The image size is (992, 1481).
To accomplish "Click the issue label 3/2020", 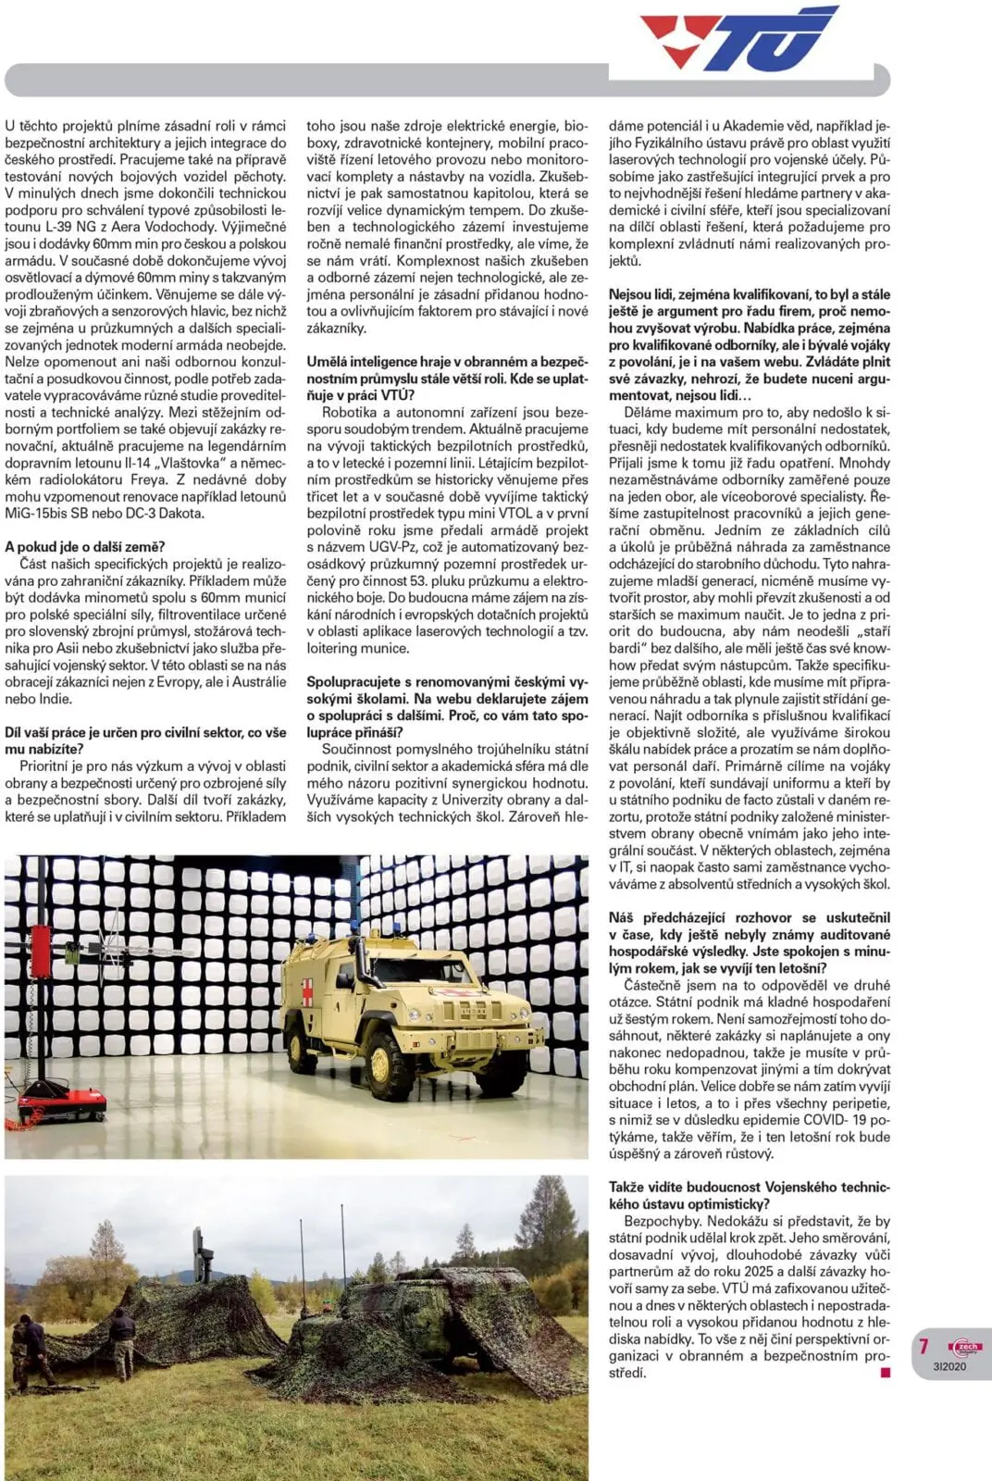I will [x=950, y=1366].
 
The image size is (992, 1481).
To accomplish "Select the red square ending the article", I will [x=886, y=1373].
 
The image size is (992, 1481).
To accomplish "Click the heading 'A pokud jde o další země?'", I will [x=85, y=547].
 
